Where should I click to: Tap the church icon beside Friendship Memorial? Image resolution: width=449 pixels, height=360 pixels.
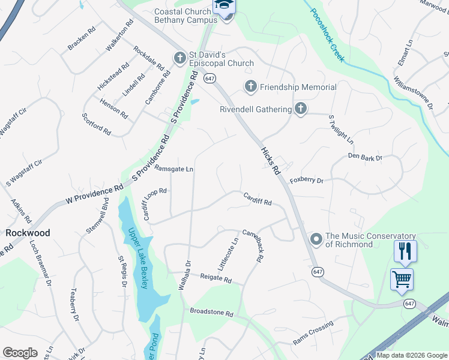pos(251,87)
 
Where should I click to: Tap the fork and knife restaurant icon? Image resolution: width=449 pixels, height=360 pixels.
pos(405,251)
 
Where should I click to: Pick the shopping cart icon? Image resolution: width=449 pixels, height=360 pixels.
pos(401,278)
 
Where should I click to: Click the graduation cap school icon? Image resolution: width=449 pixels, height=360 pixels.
pos(224,6)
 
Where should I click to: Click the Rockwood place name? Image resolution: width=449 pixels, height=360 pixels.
pos(28,232)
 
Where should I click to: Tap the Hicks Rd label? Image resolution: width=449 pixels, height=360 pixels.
pos(271,161)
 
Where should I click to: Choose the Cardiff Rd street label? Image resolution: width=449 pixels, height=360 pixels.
pos(257,199)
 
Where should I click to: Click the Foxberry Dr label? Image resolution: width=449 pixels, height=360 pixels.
pos(306,180)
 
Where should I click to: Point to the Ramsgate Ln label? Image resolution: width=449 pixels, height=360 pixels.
pos(173,169)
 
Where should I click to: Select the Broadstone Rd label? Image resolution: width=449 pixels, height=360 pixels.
pos(211,313)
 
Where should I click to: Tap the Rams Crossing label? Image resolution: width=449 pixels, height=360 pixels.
pos(313,333)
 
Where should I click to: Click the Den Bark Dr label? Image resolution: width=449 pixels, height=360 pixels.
pos(365,158)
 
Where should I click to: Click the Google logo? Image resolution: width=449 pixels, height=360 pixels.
pos(20,353)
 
